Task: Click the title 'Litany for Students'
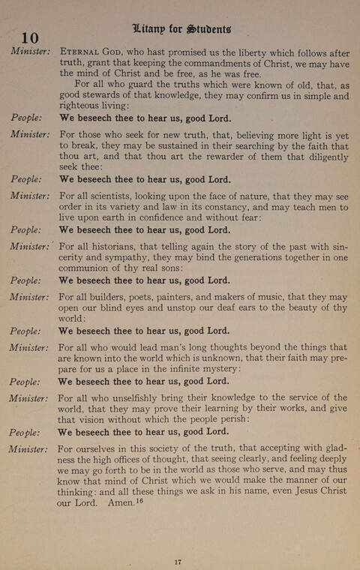tap(181, 29)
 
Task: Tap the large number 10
tap(29, 38)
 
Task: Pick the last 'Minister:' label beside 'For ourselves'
tap(29, 449)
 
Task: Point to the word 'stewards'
tap(110, 97)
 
